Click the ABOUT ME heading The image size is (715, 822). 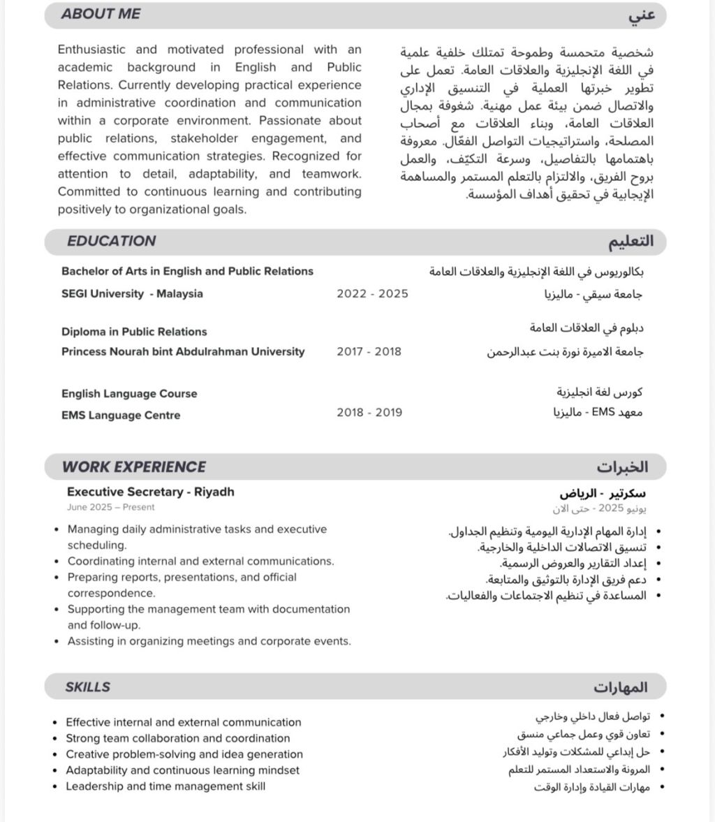(101, 14)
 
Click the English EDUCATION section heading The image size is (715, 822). (112, 241)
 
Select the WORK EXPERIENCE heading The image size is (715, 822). (134, 467)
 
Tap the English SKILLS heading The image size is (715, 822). (88, 687)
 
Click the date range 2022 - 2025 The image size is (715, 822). (372, 294)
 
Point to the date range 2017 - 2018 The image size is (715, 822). (369, 352)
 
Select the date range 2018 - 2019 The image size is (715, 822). (369, 413)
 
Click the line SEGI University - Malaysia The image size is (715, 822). (132, 294)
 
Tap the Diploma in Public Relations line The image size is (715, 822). (134, 332)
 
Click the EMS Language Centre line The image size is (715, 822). (121, 416)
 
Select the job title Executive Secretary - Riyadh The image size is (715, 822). (151, 492)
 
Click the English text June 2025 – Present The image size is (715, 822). (111, 508)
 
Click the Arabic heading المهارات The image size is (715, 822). (621, 688)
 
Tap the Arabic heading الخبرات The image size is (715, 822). (622, 467)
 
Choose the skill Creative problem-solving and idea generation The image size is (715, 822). (184, 754)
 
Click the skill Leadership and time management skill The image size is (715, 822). (165, 786)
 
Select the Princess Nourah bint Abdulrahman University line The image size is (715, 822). (183, 352)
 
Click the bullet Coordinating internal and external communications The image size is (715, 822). (200, 562)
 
